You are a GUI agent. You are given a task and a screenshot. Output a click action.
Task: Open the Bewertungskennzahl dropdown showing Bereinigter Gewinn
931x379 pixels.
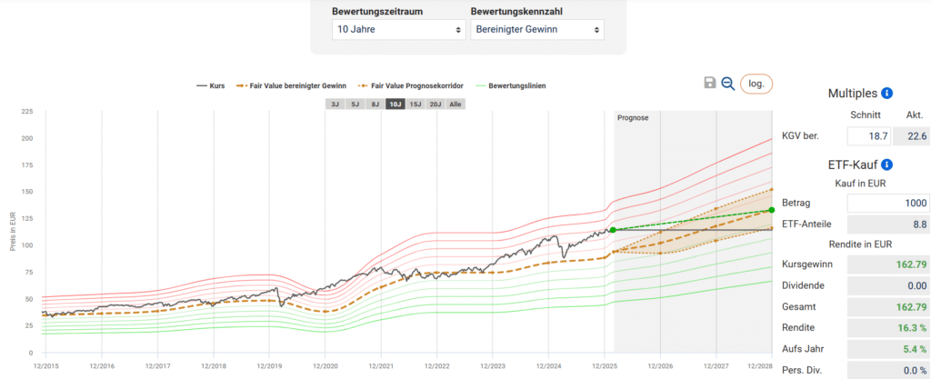click(536, 30)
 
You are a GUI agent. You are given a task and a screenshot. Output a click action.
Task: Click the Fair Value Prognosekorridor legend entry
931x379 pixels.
click(411, 86)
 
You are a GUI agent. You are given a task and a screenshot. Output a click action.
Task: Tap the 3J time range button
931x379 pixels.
click(335, 105)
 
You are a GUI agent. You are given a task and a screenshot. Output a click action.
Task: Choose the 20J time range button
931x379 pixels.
click(435, 105)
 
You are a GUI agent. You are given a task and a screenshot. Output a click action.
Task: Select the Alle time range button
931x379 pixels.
click(455, 105)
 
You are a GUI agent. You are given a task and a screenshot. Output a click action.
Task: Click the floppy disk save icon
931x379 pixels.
click(710, 84)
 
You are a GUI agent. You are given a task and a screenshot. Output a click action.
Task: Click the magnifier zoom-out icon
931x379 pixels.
click(727, 84)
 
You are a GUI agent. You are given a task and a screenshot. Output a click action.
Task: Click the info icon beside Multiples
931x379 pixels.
click(887, 94)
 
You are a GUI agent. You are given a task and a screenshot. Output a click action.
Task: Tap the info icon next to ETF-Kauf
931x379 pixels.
click(887, 165)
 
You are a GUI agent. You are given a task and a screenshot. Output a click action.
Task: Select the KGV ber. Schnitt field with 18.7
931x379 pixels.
click(867, 136)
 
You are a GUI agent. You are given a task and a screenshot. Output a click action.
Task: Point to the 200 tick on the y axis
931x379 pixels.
click(27, 138)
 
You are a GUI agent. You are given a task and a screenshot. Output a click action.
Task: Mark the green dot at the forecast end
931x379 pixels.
click(772, 210)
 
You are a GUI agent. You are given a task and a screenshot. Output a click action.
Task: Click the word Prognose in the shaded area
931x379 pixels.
click(633, 118)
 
